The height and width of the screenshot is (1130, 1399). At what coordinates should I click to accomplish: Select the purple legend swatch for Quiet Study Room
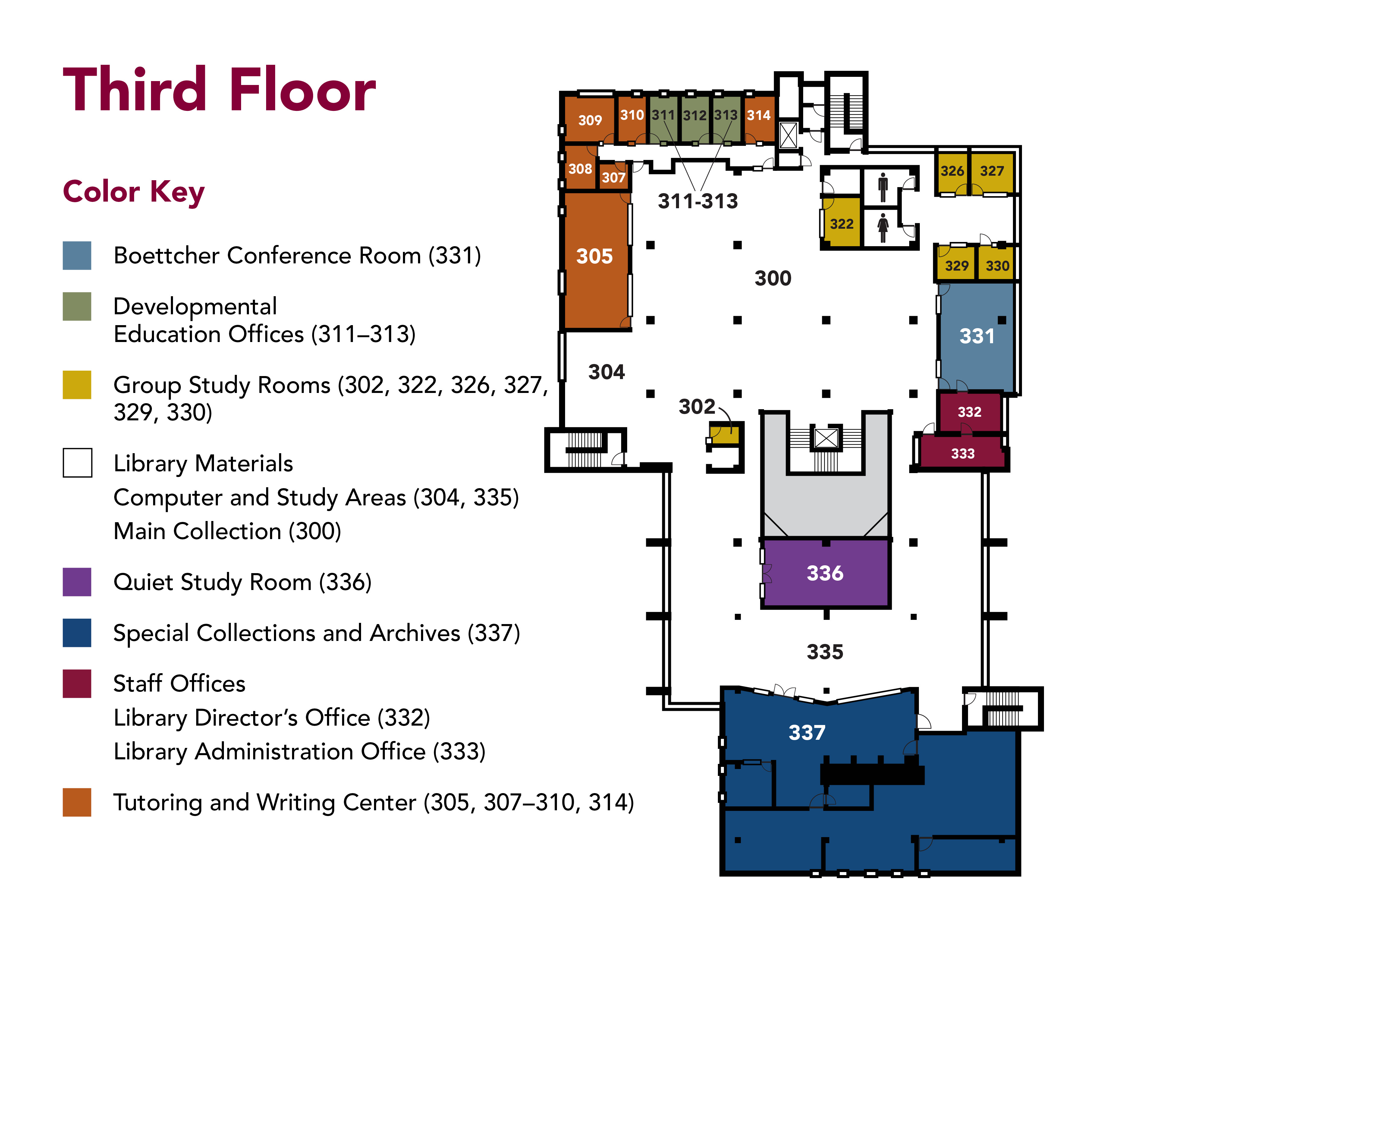tap(77, 582)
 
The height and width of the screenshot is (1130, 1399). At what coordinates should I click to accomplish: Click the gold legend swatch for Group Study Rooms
tap(77, 385)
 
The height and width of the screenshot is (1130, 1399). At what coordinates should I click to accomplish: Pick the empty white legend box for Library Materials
tap(77, 463)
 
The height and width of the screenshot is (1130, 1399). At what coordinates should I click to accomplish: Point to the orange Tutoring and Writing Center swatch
tap(77, 802)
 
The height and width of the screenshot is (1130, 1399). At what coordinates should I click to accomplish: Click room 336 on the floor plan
tap(825, 573)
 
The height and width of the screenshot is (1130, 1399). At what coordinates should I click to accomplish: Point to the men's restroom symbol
tap(883, 187)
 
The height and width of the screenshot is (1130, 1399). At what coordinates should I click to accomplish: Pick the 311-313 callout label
tap(698, 201)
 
